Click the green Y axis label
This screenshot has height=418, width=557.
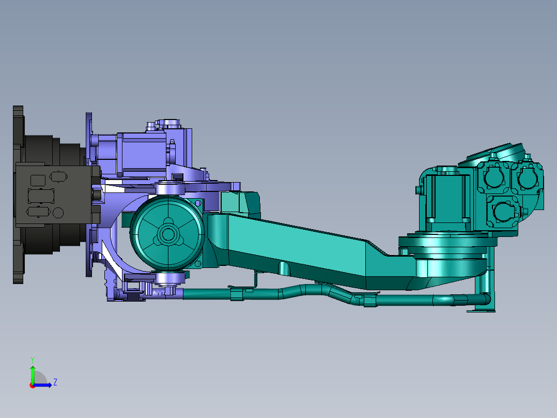pyautogui.click(x=33, y=360)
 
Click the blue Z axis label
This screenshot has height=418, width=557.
pyautogui.click(x=55, y=382)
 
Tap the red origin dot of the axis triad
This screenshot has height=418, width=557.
pyautogui.click(x=33, y=385)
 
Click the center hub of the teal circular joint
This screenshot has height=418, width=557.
pyautogui.click(x=167, y=234)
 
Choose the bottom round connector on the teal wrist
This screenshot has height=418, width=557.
pyautogui.click(x=503, y=211)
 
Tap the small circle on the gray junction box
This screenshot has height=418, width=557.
pyautogui.click(x=58, y=213)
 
